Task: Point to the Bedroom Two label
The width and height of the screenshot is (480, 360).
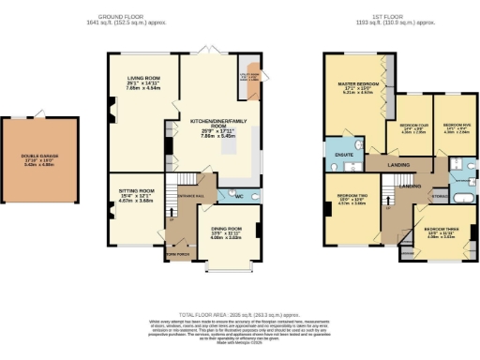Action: point(352,196)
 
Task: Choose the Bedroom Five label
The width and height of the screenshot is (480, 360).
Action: point(456,125)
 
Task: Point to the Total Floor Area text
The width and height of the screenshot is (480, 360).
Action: point(240,314)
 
